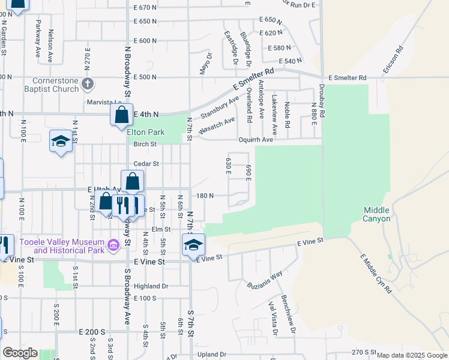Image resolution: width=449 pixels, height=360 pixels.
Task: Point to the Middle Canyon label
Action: [x=376, y=214]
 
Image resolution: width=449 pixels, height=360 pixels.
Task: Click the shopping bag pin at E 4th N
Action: [x=121, y=114]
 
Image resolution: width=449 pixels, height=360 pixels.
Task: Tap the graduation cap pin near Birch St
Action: [x=60, y=141]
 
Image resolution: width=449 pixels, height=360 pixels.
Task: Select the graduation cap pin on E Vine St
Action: [x=193, y=244]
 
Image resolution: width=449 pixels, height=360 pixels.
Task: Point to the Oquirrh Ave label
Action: [x=273, y=139]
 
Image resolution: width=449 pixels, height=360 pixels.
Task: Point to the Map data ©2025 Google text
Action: [x=412, y=355]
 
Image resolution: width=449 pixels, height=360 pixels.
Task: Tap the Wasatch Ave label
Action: [x=217, y=125]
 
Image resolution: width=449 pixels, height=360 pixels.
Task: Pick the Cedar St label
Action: [x=146, y=163]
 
